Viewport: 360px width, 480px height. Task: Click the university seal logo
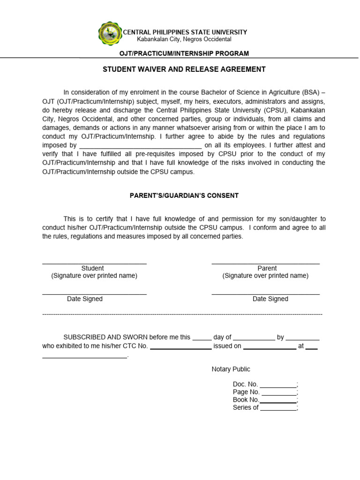click(110, 34)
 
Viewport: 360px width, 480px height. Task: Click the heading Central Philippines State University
click(185, 32)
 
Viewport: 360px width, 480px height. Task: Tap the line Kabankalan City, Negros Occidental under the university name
click(184, 39)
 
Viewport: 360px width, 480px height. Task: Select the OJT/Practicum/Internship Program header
click(184, 53)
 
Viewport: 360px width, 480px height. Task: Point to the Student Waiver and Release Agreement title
click(184, 69)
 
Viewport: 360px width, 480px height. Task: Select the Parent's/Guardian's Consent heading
click(184, 195)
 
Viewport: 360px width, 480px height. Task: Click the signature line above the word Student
click(94, 263)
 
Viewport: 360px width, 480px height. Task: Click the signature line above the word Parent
click(265, 263)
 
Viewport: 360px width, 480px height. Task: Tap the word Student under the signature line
click(93, 268)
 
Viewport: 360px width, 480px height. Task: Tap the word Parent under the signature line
click(267, 268)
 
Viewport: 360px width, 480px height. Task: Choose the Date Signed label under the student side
click(85, 299)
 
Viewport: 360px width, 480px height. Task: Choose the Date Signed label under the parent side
click(270, 299)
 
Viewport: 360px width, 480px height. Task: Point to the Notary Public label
click(231, 369)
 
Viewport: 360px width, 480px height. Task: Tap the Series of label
click(246, 407)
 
